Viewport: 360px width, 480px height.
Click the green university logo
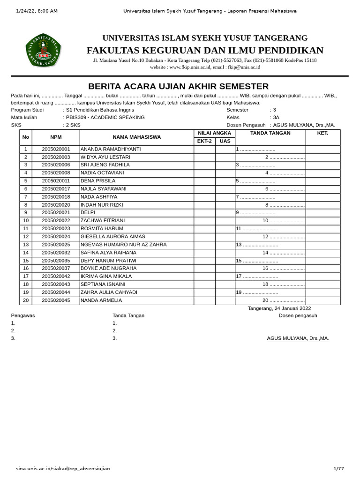point(43,50)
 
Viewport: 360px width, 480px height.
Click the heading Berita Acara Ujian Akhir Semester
point(179,86)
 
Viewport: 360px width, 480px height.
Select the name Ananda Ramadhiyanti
point(111,149)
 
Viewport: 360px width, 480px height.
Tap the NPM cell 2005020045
point(56,300)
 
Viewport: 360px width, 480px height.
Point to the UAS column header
point(225,141)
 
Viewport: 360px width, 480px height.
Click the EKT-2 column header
point(204,141)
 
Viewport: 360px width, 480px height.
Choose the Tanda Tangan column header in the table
point(270,133)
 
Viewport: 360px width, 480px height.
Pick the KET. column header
point(322,133)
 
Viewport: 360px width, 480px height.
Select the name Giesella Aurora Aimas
point(112,237)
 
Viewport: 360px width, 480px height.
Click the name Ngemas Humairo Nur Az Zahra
point(123,245)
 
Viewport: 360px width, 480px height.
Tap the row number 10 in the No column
point(26,221)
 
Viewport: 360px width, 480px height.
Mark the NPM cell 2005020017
point(56,189)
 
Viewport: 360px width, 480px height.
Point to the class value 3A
point(276,118)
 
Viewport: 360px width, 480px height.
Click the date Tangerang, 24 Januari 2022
point(279,308)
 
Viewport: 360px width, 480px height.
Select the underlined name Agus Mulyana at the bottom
point(298,338)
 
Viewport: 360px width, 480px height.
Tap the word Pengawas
point(22,315)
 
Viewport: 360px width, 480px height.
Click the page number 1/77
point(338,468)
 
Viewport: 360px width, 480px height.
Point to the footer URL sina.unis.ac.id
point(63,468)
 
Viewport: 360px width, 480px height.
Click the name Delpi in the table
point(88,213)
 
